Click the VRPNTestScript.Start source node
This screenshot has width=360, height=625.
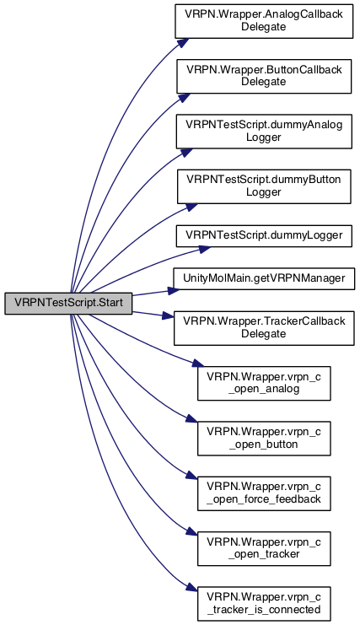click(x=68, y=303)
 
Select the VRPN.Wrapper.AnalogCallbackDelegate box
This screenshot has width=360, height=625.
click(x=264, y=21)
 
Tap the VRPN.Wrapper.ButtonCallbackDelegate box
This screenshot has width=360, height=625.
click(x=264, y=76)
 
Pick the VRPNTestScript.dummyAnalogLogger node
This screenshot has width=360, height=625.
click(x=264, y=131)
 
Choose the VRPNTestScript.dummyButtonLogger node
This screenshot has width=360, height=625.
click(x=264, y=186)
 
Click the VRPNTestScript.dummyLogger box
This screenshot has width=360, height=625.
click(x=264, y=235)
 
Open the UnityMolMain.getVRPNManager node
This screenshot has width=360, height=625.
click(x=264, y=278)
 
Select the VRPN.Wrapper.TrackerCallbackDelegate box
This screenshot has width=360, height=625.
click(x=264, y=327)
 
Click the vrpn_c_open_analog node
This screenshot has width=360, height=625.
click(x=264, y=383)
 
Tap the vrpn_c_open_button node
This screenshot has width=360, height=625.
click(x=264, y=438)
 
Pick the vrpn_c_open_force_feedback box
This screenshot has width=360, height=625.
click(x=264, y=493)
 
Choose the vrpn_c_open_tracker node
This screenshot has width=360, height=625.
click(x=264, y=548)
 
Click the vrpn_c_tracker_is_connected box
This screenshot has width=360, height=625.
click(x=264, y=603)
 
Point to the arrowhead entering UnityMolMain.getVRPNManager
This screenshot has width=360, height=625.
click(x=174, y=290)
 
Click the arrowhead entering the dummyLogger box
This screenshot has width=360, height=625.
click(x=205, y=249)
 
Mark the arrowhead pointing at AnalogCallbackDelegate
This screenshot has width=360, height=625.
click(x=181, y=43)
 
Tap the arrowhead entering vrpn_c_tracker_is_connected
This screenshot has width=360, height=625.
click(x=192, y=590)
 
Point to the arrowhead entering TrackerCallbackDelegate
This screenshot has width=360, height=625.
click(x=168, y=317)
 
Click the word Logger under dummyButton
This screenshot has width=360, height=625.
click(x=264, y=192)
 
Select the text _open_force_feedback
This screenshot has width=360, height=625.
click(x=264, y=499)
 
